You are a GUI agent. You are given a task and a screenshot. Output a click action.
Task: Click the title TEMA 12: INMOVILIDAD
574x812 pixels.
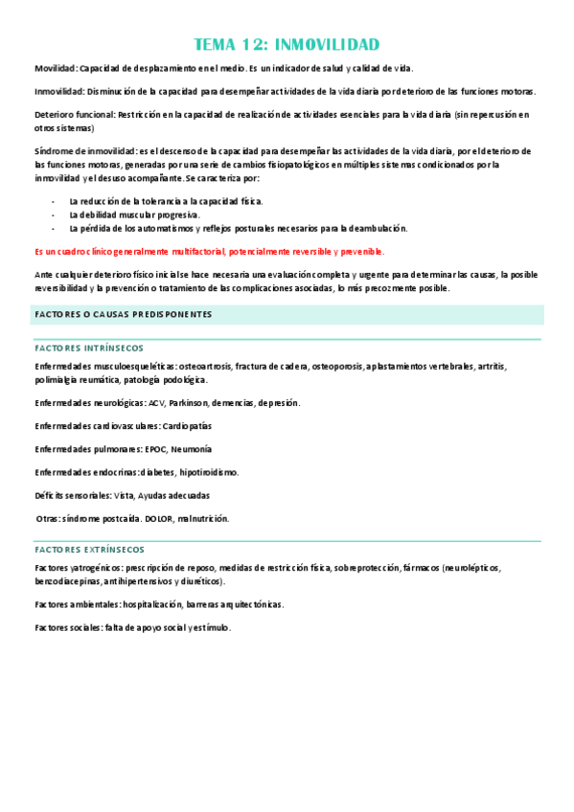[x=287, y=44]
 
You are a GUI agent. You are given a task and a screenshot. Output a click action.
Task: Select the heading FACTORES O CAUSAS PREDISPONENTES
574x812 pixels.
[x=123, y=315]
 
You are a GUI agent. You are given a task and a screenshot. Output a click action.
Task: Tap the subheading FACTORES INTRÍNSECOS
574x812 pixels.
[x=88, y=349]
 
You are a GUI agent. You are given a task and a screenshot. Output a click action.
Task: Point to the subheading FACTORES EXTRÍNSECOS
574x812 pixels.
[x=89, y=550]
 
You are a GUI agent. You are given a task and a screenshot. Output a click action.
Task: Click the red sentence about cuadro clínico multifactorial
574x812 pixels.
[x=208, y=251]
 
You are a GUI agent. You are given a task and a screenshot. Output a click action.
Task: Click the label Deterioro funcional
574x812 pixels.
[x=74, y=114]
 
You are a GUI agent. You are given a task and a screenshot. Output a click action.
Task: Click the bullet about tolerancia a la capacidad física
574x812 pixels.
[x=166, y=201]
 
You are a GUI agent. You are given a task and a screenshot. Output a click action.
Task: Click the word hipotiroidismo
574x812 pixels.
[x=209, y=472]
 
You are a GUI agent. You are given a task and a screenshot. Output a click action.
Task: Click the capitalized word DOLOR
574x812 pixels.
[x=158, y=518]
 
